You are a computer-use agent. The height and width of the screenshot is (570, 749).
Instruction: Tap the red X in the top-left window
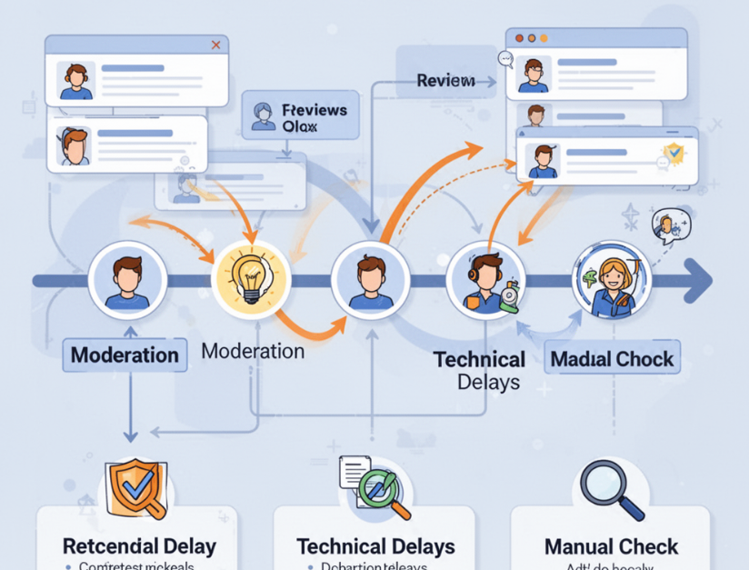click(x=215, y=45)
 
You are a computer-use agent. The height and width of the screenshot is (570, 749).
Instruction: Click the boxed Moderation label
click(x=125, y=355)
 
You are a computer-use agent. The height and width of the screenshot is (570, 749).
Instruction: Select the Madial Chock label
click(x=612, y=358)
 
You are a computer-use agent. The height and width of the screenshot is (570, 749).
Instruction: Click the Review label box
click(x=445, y=81)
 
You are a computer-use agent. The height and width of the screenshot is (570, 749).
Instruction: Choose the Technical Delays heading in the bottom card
click(x=375, y=546)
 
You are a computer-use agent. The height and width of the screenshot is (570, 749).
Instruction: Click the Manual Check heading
click(x=611, y=546)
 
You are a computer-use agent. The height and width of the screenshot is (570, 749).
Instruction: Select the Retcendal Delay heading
click(x=139, y=546)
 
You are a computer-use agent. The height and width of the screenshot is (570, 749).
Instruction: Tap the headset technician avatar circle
click(x=486, y=281)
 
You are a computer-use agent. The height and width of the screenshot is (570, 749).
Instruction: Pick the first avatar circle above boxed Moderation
click(x=126, y=278)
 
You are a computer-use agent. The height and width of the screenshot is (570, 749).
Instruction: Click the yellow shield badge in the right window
click(x=673, y=151)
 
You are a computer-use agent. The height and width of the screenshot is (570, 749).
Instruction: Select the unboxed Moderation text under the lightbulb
click(x=253, y=351)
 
